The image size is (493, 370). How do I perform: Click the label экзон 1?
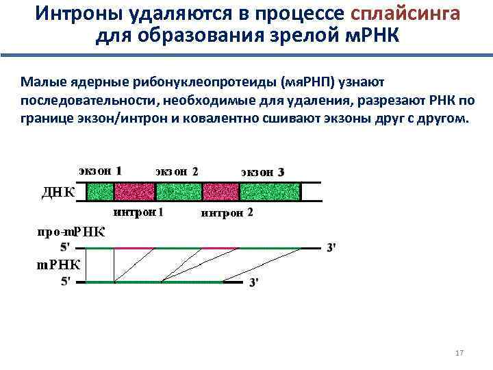pos(101,171)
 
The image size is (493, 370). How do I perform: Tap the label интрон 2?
pos(226,212)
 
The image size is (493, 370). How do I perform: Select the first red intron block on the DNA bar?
pos(141,191)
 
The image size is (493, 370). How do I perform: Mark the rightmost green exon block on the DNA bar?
pos(275,191)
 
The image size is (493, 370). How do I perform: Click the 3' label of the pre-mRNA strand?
pos(331,248)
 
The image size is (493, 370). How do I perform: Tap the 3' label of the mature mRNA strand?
pos(254,282)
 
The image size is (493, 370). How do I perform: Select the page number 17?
pos(459,353)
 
